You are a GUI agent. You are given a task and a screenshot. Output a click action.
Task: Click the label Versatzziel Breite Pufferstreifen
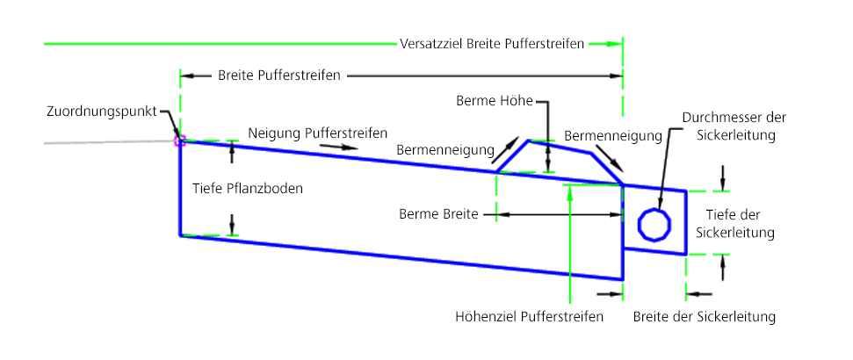(491, 43)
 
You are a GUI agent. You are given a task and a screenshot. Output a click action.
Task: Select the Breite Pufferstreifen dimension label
(278, 76)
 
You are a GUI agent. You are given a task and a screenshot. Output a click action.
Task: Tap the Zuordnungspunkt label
(103, 112)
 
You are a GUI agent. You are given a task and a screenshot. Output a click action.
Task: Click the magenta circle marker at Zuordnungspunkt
(179, 139)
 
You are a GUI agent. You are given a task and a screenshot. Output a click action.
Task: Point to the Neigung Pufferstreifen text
(318, 133)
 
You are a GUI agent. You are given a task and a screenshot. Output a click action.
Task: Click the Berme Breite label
(437, 213)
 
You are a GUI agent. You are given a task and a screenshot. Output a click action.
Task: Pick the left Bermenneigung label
(445, 151)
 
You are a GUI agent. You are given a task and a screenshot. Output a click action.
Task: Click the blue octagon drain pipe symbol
(653, 223)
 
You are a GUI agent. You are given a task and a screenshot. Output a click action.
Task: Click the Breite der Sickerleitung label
(705, 316)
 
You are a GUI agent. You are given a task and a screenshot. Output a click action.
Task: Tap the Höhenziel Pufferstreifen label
(530, 316)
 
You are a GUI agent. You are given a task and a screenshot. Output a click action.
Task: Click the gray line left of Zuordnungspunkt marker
(88, 142)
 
